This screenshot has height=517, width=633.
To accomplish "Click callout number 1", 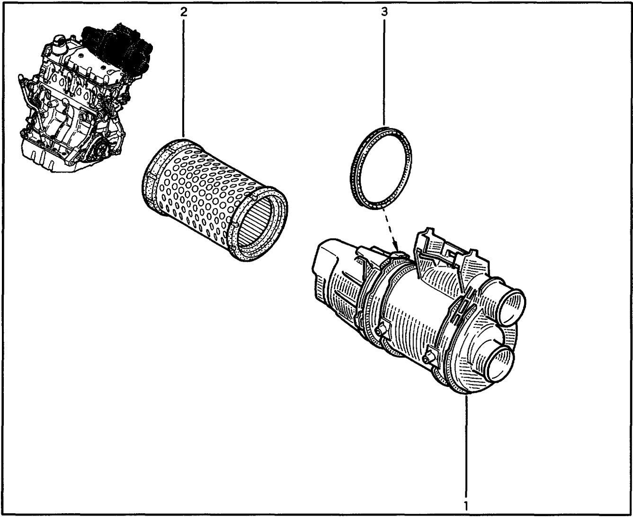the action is (x=465, y=506).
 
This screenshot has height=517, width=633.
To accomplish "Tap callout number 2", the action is (x=184, y=12).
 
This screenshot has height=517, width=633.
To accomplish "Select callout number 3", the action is (x=384, y=12).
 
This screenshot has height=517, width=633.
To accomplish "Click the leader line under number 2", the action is (x=184, y=79).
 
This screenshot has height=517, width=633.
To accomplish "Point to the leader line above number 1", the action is (x=466, y=446).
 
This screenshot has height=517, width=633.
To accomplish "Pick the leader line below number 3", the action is (x=384, y=73).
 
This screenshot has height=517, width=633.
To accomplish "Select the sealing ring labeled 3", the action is (x=381, y=167).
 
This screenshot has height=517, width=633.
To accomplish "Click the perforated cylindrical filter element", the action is (x=214, y=200).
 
